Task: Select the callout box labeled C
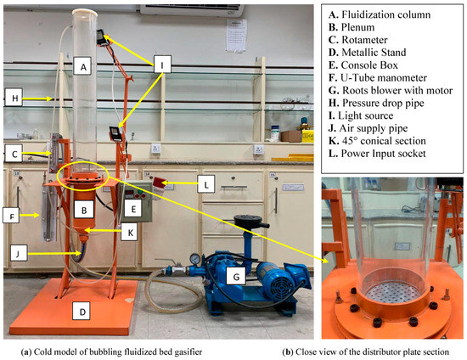tap(14, 155)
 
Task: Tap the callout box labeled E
tap(132, 206)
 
